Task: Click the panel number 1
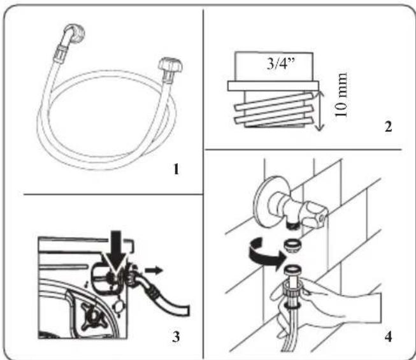coord(176,169)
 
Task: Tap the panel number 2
coord(388,127)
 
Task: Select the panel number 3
coord(176,336)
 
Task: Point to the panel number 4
coord(388,337)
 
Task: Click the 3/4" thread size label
coord(281,64)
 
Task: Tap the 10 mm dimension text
coord(341,95)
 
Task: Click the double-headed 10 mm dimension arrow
coord(320,110)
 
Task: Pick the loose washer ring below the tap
coord(292,244)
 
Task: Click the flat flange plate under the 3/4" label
coord(273,86)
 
